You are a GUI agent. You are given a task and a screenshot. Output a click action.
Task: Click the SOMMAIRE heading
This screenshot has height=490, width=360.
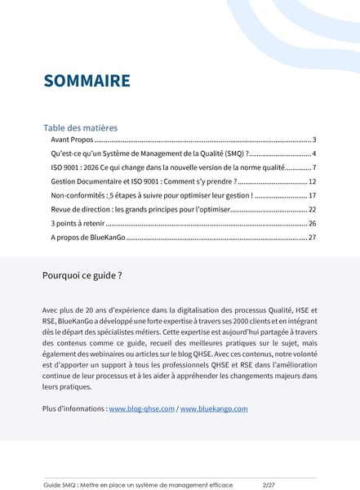[87, 81]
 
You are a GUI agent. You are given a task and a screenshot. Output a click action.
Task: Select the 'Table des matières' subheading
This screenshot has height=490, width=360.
[80, 127]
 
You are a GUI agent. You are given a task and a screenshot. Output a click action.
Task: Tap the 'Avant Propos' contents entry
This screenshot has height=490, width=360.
[71, 140]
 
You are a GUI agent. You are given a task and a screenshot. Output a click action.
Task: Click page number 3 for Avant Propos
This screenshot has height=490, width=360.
[313, 140]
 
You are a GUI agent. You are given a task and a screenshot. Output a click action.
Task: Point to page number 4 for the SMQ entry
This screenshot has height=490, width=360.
[313, 154]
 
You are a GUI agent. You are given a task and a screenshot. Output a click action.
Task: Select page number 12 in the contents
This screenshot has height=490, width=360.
[312, 180]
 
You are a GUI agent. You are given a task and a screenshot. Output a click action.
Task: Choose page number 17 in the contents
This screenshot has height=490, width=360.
[312, 196]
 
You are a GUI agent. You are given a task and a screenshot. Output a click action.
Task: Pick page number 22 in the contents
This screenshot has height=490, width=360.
[312, 209]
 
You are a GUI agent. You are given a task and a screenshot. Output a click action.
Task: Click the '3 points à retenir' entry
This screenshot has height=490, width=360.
[76, 223]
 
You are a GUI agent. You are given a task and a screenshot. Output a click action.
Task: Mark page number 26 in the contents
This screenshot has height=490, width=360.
[312, 223]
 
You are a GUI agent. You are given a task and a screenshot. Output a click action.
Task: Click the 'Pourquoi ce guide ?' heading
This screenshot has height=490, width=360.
[82, 275]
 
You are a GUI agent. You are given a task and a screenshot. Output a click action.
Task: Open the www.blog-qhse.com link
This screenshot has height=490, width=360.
[142, 408]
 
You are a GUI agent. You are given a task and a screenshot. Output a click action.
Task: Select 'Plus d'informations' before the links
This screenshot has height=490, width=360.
[73, 408]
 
